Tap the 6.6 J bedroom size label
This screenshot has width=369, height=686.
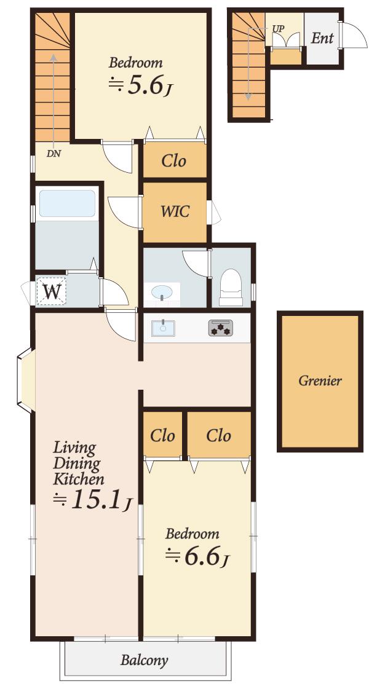coord(197,556)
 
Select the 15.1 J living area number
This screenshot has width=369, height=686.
coord(92,500)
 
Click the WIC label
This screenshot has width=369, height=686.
coord(175,211)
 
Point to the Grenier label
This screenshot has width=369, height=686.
coord(320,380)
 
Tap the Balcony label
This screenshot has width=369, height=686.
coord(145,660)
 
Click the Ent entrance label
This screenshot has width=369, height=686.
coord(322,38)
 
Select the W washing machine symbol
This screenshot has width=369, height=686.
coord(52,291)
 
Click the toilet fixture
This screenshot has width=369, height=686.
coord(231,287)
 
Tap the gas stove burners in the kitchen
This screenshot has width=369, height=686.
coord(221,328)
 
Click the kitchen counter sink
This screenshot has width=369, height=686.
coord(163,328)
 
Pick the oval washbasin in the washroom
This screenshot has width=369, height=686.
coord(162,291)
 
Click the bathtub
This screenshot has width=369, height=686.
coord(67,203)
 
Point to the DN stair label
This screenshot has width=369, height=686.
coord(53,154)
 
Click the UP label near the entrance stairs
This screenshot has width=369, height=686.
coord(279,29)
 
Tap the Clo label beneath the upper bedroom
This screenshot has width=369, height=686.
coord(174,161)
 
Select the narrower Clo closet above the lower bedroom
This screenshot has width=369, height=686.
coord(162,435)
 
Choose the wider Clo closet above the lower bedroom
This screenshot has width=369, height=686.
coord(219,435)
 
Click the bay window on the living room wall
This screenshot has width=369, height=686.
coord(25,380)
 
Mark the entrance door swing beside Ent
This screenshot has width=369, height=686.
coord(355,36)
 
